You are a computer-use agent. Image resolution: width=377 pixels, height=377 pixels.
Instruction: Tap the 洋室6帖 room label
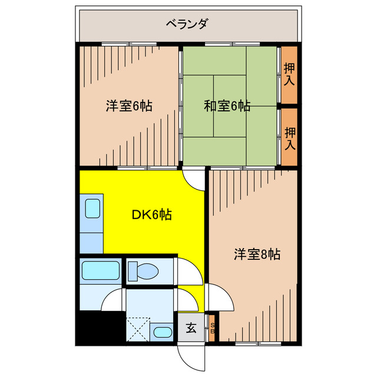[x=130, y=106]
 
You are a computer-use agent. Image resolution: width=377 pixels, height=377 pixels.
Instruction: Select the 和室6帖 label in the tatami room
[x=227, y=106]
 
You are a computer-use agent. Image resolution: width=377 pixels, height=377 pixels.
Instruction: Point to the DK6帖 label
[x=151, y=215]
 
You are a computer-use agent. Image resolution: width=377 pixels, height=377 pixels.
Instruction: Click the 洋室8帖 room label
[x=257, y=254]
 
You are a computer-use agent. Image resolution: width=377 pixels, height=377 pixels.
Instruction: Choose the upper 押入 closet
[x=289, y=74]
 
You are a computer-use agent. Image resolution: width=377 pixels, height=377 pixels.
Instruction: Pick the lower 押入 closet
[x=289, y=137]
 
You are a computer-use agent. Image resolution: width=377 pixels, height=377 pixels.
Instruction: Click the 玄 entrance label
[x=191, y=329]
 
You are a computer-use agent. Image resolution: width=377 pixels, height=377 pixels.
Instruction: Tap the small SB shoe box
[x=213, y=329]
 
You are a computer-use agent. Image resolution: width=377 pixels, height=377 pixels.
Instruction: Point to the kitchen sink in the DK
[x=92, y=209]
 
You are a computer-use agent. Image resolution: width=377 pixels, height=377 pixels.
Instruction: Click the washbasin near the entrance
[x=160, y=332]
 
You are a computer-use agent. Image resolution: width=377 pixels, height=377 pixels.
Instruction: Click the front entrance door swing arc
[x=190, y=356]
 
